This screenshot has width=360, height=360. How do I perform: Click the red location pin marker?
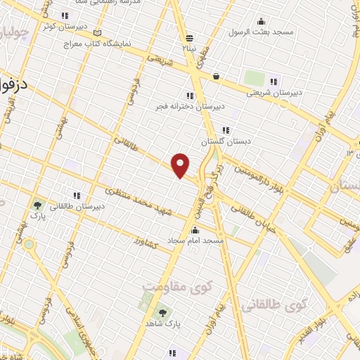click(181, 165)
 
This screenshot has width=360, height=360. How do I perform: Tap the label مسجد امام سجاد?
click(195, 240)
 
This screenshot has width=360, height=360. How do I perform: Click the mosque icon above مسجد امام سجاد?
click(195, 230)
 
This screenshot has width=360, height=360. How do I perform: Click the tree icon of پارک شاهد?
click(164, 312)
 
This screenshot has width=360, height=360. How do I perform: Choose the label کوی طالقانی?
click(275, 305)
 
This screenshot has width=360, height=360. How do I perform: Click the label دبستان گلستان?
click(226, 141)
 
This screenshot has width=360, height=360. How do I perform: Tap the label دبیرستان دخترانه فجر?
click(189, 106)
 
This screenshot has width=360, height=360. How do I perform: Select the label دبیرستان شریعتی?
click(274, 91)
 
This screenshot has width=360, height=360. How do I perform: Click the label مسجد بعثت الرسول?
click(262, 32)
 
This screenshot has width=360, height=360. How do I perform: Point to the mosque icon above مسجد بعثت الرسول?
click(262, 21)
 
